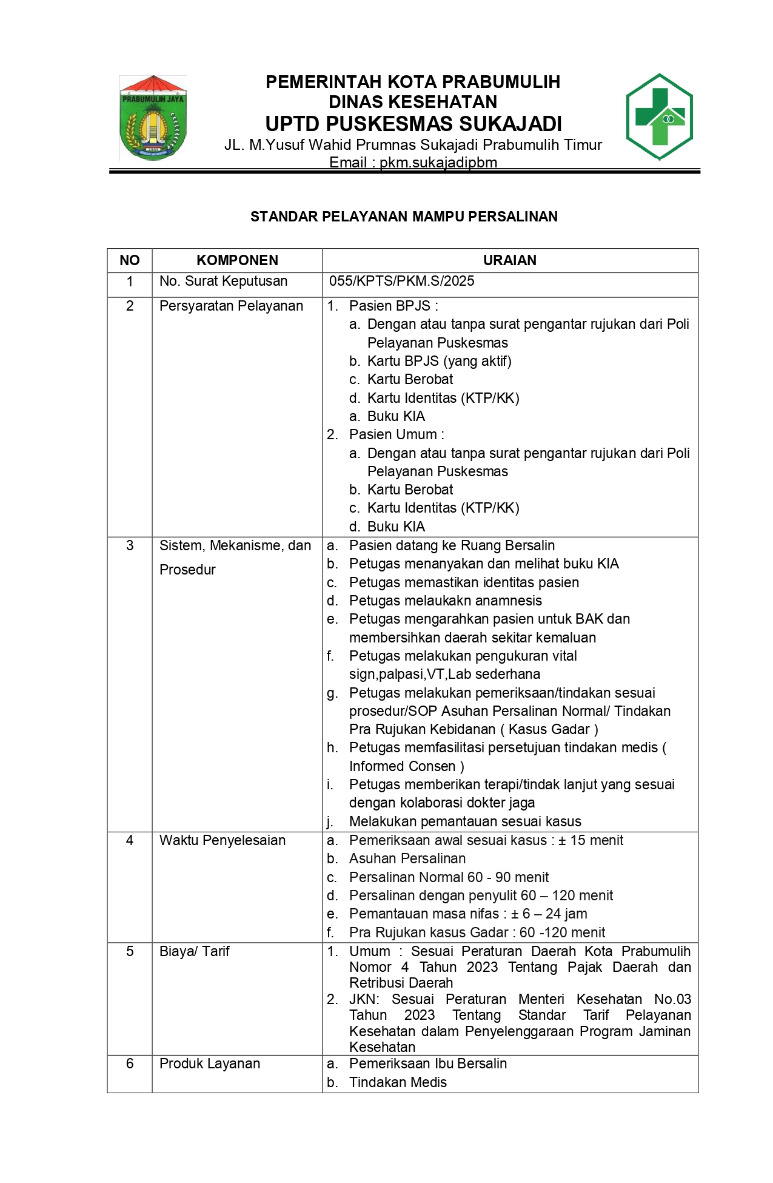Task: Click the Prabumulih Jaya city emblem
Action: [153, 118]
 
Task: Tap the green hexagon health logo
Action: [659, 116]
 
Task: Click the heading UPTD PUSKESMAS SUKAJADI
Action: [413, 124]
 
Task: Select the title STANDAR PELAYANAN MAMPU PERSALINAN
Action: [404, 217]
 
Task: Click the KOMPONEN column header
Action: [237, 260]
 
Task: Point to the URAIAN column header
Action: [509, 260]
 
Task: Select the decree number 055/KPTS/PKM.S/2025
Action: [401, 281]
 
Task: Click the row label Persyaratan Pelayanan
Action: [231, 306]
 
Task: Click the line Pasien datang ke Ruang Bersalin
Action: [452, 545]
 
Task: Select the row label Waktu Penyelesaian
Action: [222, 840]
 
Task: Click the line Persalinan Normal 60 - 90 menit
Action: [449, 877]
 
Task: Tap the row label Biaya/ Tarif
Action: [194, 951]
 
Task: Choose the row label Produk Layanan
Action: [209, 1063]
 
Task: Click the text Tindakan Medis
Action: [398, 1082]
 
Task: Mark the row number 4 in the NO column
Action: [130, 840]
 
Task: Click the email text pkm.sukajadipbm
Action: [438, 163]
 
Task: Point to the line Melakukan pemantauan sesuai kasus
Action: [465, 821]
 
